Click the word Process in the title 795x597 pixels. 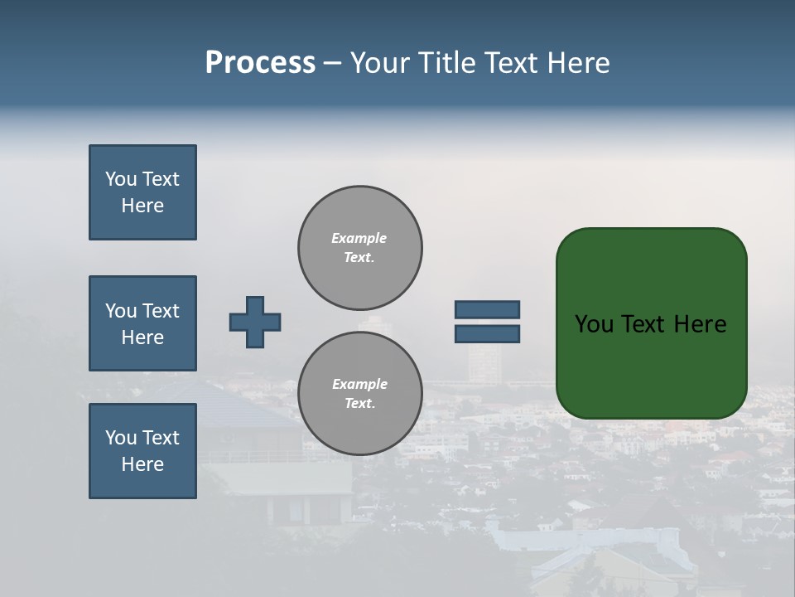pyautogui.click(x=260, y=62)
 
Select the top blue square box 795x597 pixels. pyautogui.click(x=142, y=192)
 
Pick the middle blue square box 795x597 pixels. pyautogui.click(x=142, y=323)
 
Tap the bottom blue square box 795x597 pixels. pyautogui.click(x=142, y=451)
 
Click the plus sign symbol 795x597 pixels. pyautogui.click(x=255, y=322)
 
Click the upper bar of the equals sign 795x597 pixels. pyautogui.click(x=487, y=309)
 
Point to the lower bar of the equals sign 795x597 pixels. pyautogui.click(x=487, y=333)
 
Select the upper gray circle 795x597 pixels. pyautogui.click(x=359, y=247)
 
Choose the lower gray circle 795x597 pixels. pyautogui.click(x=359, y=393)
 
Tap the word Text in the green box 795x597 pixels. pyautogui.click(x=644, y=324)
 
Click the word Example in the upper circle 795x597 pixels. pyautogui.click(x=359, y=238)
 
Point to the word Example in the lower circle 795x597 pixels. pyautogui.click(x=359, y=384)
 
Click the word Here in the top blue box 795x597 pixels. pyautogui.click(x=142, y=206)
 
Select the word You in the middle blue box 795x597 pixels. pyautogui.click(x=120, y=311)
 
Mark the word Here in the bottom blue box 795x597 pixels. pyautogui.click(x=142, y=464)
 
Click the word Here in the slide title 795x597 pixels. pyautogui.click(x=577, y=62)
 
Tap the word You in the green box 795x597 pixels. pyautogui.click(x=594, y=324)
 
